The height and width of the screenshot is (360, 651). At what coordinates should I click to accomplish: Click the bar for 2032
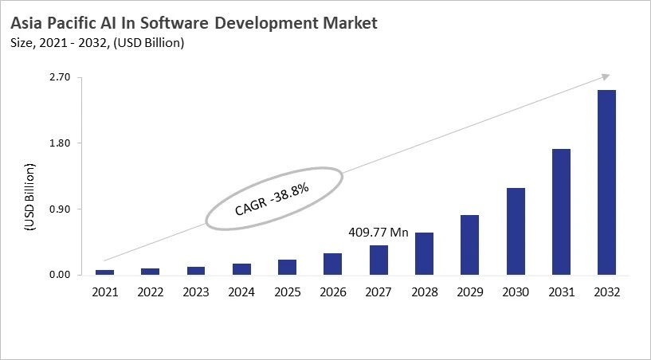tap(606, 182)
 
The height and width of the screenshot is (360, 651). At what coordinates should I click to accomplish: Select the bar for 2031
tap(561, 212)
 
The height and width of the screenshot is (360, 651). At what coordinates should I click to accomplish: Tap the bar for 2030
tap(516, 231)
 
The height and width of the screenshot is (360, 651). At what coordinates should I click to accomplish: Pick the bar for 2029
tap(469, 245)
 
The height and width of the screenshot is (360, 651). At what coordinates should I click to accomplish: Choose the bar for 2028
tap(424, 253)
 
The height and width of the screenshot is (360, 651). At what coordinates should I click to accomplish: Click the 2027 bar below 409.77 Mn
tap(378, 260)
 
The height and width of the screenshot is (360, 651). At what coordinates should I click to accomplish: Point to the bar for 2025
tap(287, 267)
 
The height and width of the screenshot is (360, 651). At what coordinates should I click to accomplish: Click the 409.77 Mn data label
tap(378, 233)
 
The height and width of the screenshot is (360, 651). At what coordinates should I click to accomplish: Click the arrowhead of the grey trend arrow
tap(605, 76)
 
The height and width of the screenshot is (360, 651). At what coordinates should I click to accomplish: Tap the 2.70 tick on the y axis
tap(61, 77)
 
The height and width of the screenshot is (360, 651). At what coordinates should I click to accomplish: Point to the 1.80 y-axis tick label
tap(61, 143)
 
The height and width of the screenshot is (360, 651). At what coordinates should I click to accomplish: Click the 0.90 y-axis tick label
tap(61, 209)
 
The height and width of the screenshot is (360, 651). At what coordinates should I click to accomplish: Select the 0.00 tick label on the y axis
tap(61, 276)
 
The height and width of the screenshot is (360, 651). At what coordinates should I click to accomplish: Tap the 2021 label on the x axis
tap(104, 292)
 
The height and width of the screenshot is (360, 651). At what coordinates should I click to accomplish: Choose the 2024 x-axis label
tap(241, 292)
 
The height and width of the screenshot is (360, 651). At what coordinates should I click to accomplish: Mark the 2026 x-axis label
tap(332, 292)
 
